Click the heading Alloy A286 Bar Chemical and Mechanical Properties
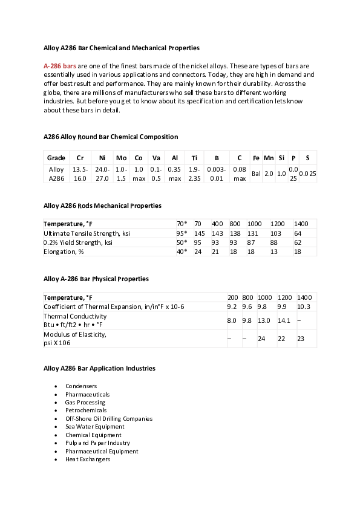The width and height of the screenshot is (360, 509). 122,47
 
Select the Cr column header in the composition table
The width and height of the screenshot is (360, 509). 80,158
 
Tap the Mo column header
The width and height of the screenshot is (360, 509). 121,158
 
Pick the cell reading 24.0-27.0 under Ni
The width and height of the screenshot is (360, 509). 102,174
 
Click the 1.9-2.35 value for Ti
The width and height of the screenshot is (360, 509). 194,174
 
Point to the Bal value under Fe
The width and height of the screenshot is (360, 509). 256,174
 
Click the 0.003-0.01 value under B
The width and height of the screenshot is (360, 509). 216,174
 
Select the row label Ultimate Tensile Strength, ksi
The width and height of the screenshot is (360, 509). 87,233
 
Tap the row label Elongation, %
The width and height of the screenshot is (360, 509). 65,251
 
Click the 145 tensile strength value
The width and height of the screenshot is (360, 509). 199,233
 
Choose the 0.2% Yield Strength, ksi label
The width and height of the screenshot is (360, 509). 78,242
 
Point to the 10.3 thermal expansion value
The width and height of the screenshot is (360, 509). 304,306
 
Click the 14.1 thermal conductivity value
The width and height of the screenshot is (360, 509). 284,320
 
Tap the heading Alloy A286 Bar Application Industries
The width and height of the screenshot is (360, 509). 99,368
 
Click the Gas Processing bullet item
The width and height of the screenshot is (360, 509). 85,402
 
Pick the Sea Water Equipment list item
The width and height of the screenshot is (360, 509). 95,427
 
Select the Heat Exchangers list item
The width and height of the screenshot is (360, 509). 88,459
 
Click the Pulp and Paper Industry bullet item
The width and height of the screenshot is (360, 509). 97,443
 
